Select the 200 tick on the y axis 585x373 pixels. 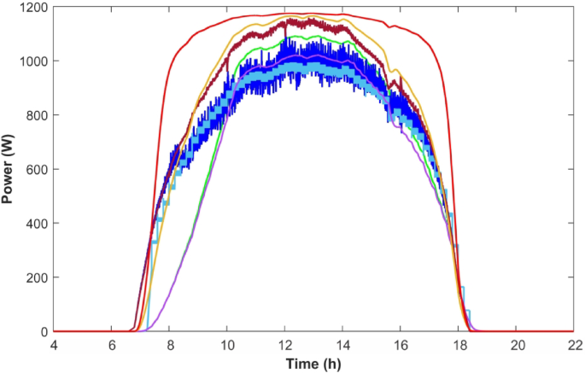pos(37,277)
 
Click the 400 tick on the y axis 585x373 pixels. pos(37,224)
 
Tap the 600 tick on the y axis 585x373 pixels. pos(37,169)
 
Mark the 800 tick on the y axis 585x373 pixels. pos(37,115)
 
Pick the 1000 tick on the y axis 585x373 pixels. pos(34,61)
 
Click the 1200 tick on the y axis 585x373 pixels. pos(34,8)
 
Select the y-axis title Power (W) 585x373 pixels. pos(9,169)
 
